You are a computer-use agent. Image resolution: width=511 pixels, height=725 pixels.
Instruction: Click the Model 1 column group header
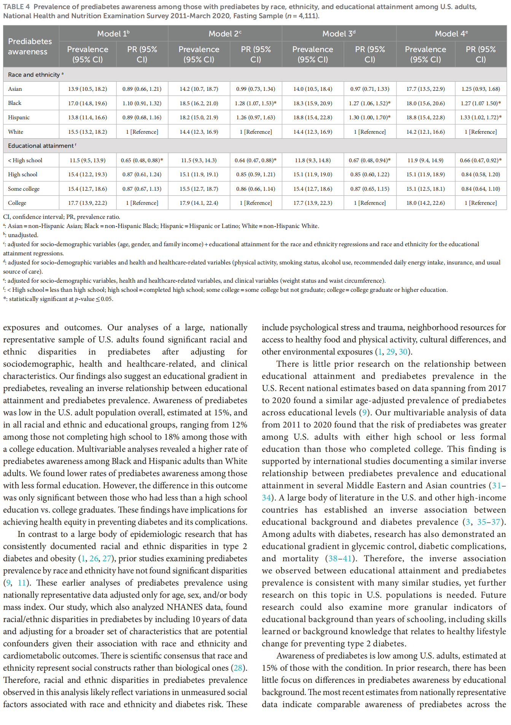coord(113,34)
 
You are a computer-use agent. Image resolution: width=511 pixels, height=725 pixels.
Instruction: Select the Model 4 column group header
coord(451,34)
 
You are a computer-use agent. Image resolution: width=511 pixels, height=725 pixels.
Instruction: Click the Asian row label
coord(15,89)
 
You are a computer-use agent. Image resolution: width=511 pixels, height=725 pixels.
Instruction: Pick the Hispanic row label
coord(19,117)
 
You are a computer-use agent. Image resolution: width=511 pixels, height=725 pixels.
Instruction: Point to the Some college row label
coord(24,189)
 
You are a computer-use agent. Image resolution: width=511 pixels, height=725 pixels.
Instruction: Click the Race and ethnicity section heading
coord(34,75)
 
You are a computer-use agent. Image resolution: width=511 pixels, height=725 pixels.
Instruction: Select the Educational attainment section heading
coord(41,146)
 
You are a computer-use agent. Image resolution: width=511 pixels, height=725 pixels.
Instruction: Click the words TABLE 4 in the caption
coord(16,7)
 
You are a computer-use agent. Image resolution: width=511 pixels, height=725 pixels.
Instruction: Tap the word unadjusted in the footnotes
coord(23,235)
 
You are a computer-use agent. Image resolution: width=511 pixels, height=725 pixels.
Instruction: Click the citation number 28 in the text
coord(238,668)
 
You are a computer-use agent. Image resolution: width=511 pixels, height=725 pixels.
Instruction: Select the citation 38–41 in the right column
coord(340,559)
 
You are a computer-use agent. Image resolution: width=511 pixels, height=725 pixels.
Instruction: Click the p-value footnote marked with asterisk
coord(61,299)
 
